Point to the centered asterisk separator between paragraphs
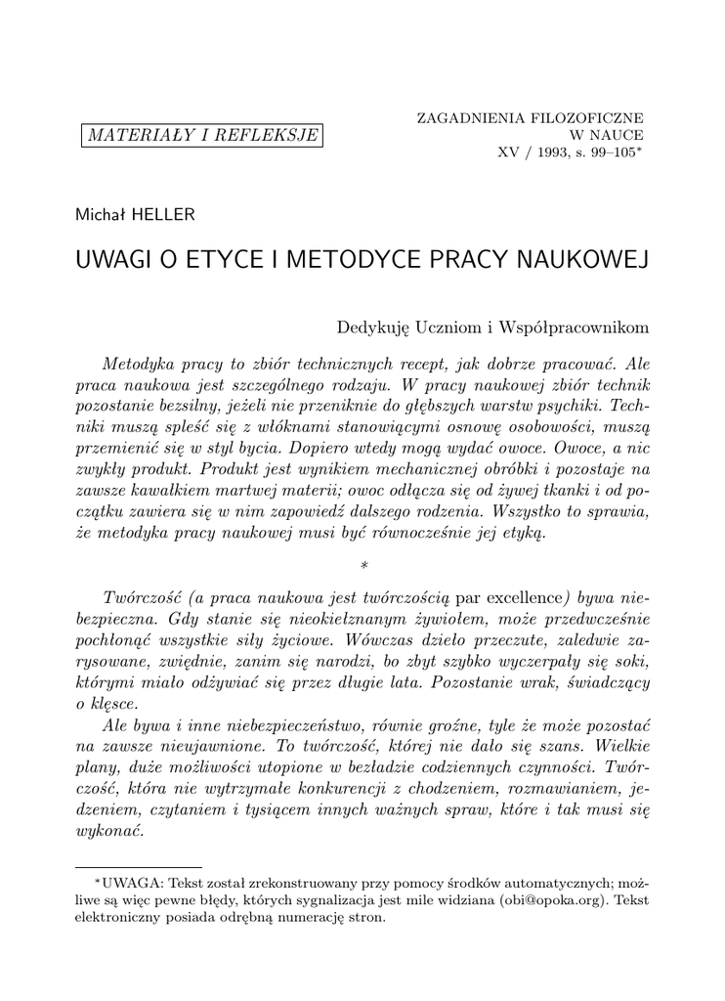click(362, 566)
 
